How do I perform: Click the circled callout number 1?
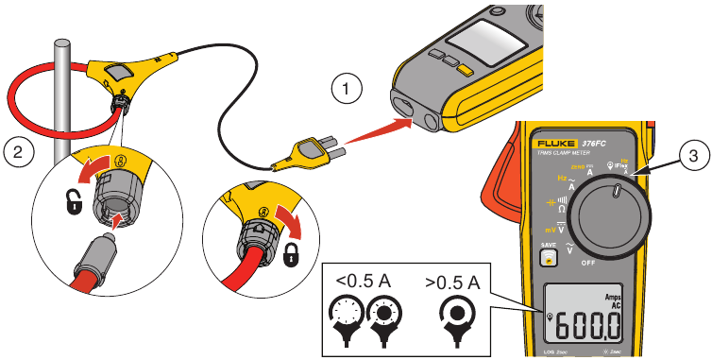point(348,90)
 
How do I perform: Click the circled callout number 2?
point(18,149)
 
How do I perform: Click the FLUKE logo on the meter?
point(558,136)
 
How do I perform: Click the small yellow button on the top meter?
point(464,69)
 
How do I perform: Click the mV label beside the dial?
point(549,230)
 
